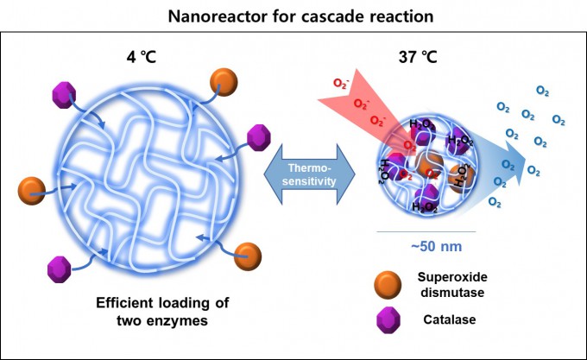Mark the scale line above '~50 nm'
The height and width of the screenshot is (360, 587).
[428, 231]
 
